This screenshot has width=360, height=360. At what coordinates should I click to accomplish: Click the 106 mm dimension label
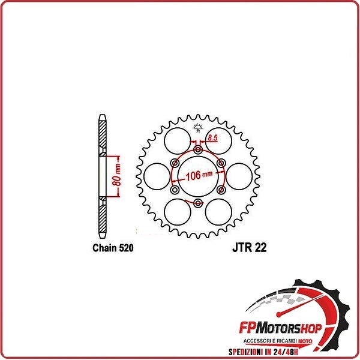(199, 176)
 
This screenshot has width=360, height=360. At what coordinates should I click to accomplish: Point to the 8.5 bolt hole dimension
(212, 139)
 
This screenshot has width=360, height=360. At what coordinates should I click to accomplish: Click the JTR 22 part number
(247, 248)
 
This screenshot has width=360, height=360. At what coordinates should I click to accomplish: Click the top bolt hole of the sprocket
(198, 149)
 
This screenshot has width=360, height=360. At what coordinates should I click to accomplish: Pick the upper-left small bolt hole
(175, 163)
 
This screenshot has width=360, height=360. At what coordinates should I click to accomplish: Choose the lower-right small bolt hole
(221, 190)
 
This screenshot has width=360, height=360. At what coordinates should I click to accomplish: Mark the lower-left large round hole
(178, 212)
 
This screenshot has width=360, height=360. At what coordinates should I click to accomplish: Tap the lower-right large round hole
(218, 212)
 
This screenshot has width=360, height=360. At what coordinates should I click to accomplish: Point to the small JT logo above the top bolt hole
(198, 125)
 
